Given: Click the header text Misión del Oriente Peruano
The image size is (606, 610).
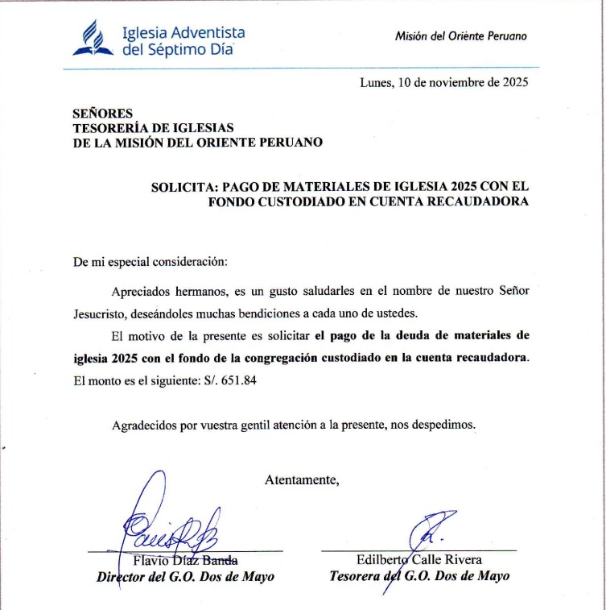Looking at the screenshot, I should tap(461, 36).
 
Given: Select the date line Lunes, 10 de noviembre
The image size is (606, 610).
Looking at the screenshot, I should tap(444, 82).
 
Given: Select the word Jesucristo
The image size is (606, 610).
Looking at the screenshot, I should tap(101, 313).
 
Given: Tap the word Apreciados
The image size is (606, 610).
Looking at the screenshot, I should tap(143, 290).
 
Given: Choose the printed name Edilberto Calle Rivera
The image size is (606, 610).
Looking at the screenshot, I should tap(418, 560).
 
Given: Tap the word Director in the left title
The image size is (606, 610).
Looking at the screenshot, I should tap(122, 576).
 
